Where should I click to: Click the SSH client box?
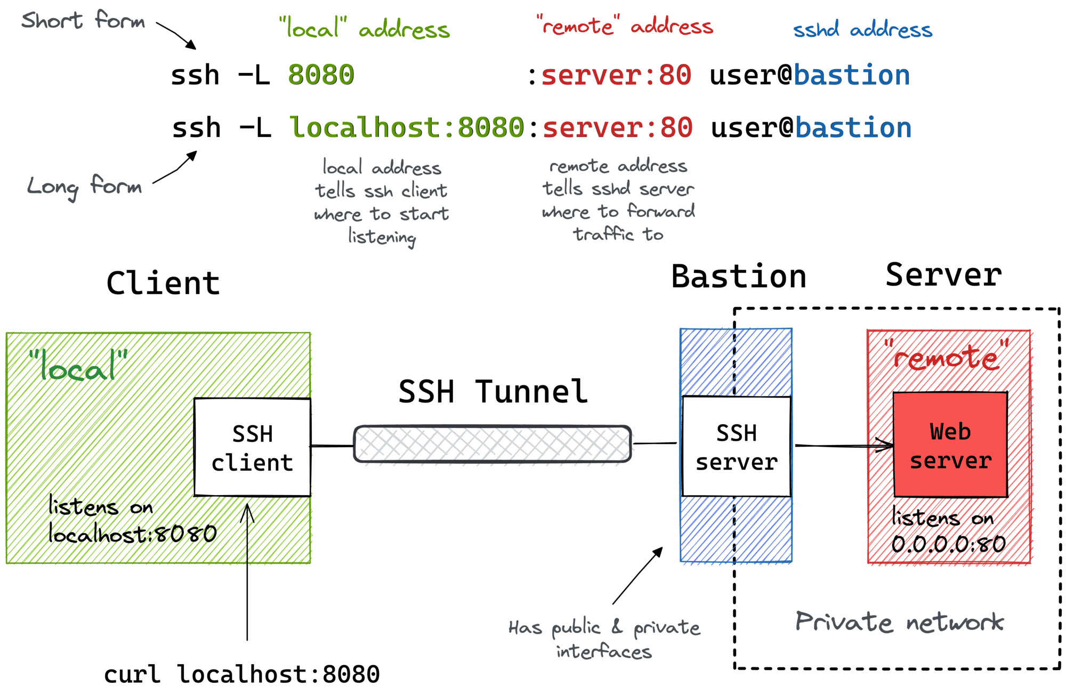[252, 447]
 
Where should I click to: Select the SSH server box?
[736, 447]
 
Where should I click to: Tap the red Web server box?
[950, 445]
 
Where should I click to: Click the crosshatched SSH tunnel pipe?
[492, 443]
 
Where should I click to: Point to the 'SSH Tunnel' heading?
[493, 392]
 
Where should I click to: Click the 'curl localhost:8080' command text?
[241, 674]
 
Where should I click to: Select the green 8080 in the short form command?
[321, 75]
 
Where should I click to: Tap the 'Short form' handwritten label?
[83, 21]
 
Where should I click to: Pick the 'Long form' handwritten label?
[84, 187]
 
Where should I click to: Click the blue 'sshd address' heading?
[862, 29]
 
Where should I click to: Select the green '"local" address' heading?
[365, 28]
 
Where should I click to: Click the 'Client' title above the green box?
[163, 282]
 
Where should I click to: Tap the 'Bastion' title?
[738, 277]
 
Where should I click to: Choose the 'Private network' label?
[899, 622]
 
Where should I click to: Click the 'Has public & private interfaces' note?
[604, 639]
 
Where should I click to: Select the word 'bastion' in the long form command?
[853, 128]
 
